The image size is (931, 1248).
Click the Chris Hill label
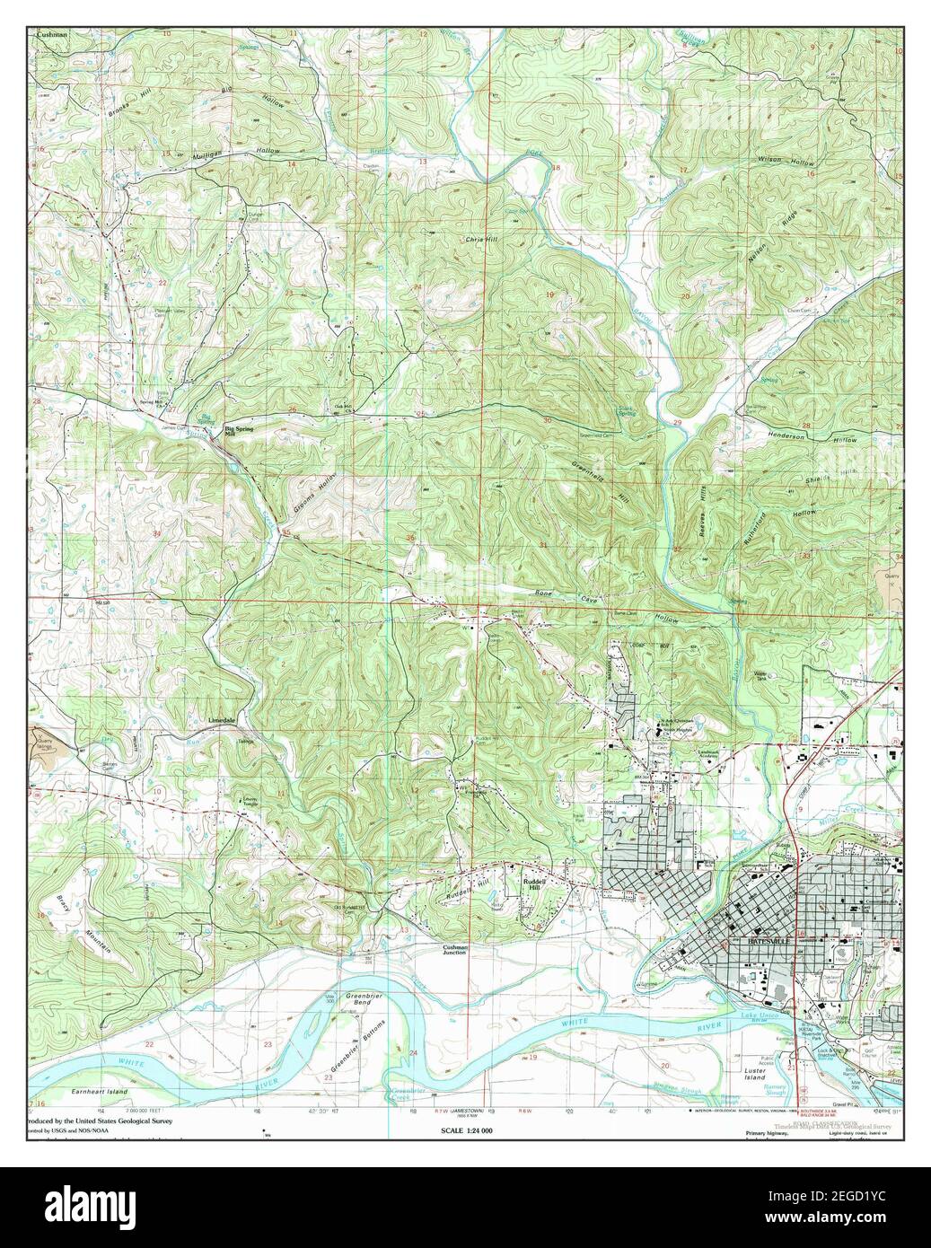(480, 240)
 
